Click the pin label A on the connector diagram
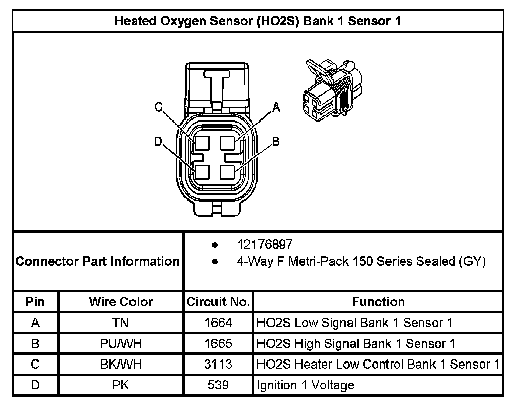276,107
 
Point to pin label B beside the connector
276,142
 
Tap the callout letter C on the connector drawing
159,107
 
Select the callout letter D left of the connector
158,142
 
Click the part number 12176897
265,245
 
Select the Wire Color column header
121,302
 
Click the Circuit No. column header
219,302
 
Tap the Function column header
378,302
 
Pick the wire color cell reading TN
121,323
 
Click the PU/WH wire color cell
121,344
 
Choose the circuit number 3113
219,365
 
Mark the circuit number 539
219,385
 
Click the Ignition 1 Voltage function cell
306,385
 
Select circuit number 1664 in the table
219,323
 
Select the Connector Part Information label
98,261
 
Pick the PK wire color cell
121,385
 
